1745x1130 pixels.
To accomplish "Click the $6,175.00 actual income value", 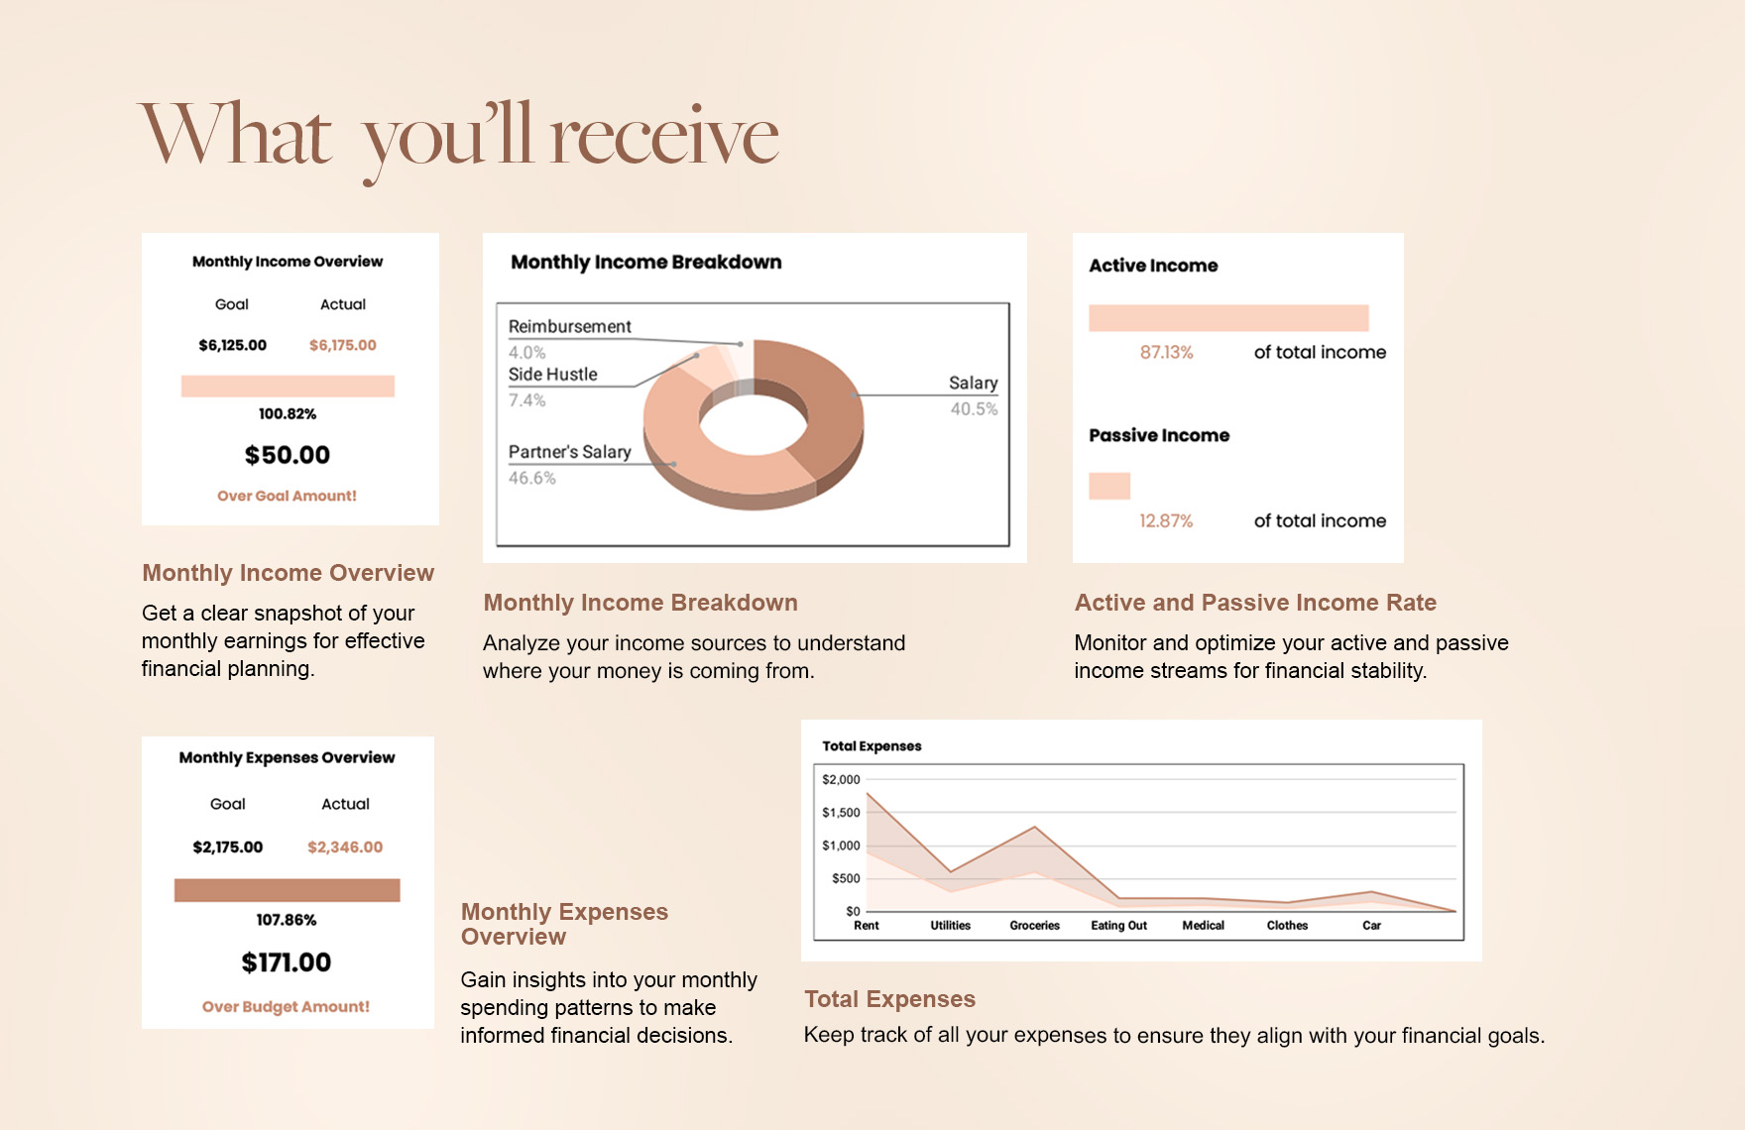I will pos(342,345).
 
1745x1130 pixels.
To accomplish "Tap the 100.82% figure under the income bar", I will pos(288,413).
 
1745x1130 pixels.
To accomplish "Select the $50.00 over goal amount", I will pos(288,455).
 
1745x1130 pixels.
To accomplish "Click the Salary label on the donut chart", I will pos(973,383).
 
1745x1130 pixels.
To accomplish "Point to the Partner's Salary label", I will pos(569,452).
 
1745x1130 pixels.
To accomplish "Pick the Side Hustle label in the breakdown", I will pos(552,375).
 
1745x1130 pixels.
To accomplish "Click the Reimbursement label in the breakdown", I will pos(569,326).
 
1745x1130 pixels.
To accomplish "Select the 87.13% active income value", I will pos(1166,352).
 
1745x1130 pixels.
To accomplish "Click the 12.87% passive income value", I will pos(1166,520).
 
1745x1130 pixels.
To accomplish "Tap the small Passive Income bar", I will pos(1109,486).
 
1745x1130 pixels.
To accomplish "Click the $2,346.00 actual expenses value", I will pos(344,847).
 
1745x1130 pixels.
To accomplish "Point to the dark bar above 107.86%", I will pos(287,890).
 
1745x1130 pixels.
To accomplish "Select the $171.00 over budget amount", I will pos(287,962).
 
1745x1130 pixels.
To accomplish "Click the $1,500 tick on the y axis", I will pos(841,813).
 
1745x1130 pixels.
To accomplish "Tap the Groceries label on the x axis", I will pos(1034,926).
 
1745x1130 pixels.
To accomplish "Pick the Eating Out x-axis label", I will pos(1118,926).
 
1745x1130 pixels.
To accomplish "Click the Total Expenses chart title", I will pos(872,746).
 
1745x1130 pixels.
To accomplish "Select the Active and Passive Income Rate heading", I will pos(1255,603).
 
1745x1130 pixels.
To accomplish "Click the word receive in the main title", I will pos(664,137).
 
